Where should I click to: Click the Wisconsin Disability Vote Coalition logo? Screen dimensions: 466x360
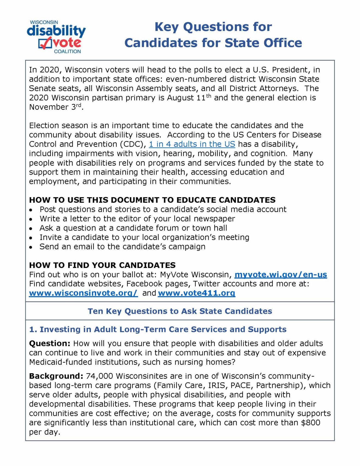tap(56, 37)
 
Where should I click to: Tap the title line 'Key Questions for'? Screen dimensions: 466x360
tap(213, 27)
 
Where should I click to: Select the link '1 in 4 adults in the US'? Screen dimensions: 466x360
tap(192, 144)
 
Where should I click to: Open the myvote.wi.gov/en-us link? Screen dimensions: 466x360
tap(281, 274)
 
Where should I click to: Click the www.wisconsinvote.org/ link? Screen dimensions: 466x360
tap(83, 293)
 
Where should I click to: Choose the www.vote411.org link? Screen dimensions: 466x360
tap(196, 293)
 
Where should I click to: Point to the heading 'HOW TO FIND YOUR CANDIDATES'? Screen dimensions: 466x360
tap(102, 265)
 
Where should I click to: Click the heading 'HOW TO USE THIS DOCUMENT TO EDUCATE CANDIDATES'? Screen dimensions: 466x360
tap(152, 200)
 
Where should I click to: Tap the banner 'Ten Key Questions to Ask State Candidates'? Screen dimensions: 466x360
tap(180, 311)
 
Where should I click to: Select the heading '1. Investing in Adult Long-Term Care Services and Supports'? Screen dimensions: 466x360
tap(158, 329)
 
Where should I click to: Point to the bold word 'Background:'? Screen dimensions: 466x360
tap(56, 376)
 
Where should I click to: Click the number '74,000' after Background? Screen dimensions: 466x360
tap(99, 376)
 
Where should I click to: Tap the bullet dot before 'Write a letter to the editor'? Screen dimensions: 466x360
tap(31, 219)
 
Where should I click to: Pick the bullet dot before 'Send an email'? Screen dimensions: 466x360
tap(31, 247)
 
